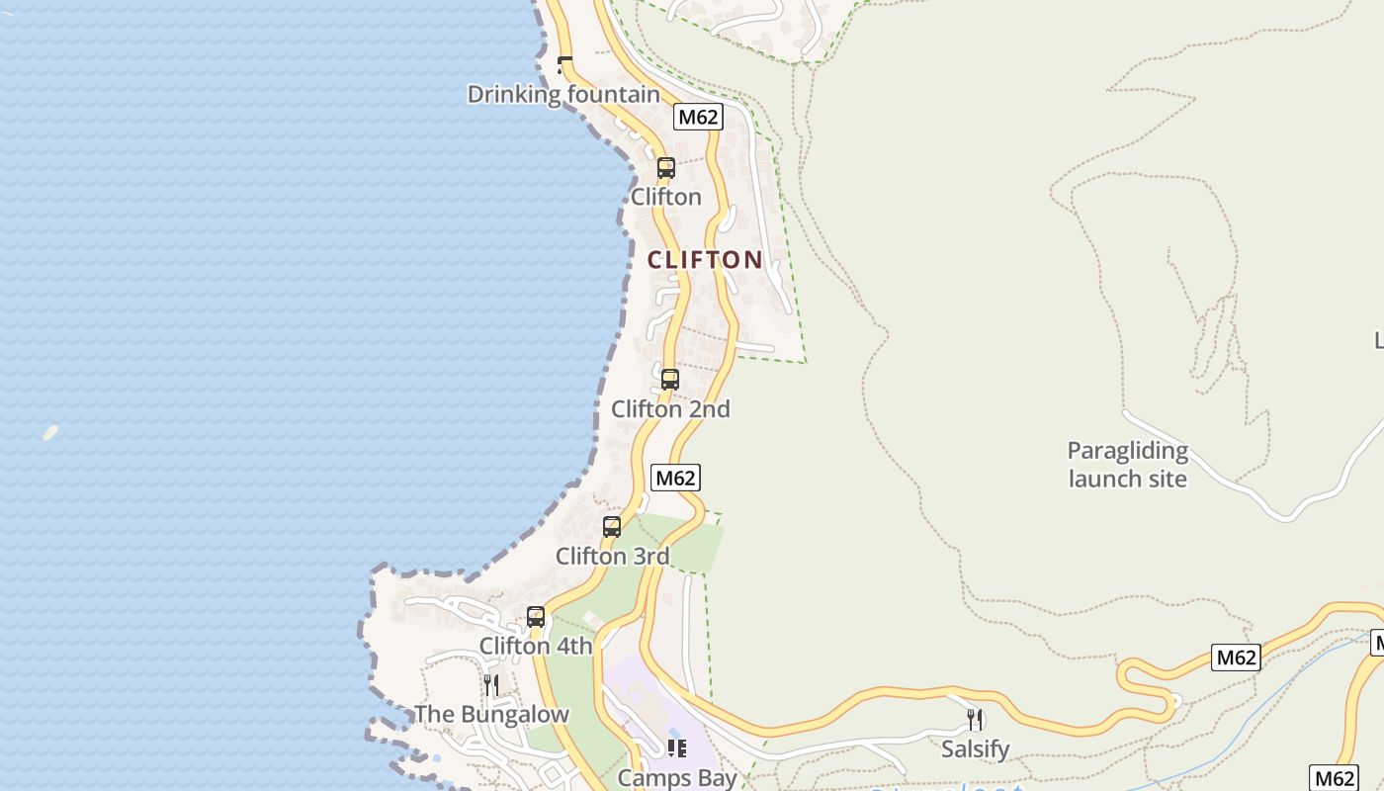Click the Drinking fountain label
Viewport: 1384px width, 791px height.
563,94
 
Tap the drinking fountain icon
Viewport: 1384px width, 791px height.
564,65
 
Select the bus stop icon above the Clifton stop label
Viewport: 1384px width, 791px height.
666,168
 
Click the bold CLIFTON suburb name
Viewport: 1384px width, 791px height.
705,260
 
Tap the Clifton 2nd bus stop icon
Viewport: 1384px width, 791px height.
670,380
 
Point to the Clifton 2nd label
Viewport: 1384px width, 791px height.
670,408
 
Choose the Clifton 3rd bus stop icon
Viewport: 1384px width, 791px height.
612,527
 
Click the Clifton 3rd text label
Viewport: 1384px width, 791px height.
612,556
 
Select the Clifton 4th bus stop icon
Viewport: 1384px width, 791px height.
536,617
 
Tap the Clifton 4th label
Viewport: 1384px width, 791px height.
536,646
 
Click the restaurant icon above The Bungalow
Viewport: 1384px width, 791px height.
491,685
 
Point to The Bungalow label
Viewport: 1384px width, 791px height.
491,714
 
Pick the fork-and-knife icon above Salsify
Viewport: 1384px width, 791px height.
975,720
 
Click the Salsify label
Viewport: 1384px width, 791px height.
975,748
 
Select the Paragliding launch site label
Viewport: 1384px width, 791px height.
1127,465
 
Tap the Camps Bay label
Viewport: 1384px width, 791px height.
677,777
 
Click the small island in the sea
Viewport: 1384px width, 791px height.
50,432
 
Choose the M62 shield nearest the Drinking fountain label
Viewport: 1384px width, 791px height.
698,117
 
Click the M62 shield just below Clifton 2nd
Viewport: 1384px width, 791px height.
676,478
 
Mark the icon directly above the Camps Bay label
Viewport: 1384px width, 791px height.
677,748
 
